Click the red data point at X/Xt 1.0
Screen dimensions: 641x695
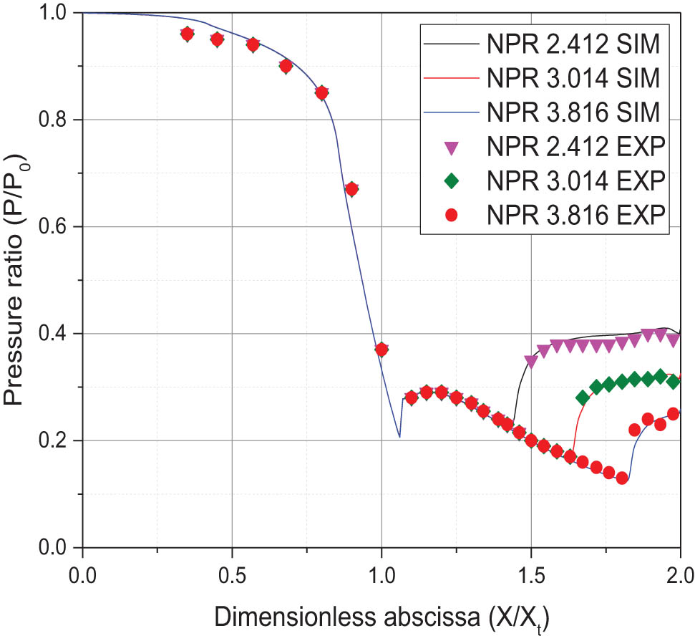coord(381,350)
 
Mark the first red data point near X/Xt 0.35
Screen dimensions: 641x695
coord(188,34)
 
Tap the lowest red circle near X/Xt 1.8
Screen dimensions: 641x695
coord(622,478)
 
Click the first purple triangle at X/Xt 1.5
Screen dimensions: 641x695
coord(530,361)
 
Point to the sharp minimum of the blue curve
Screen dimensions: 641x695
coord(399,437)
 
